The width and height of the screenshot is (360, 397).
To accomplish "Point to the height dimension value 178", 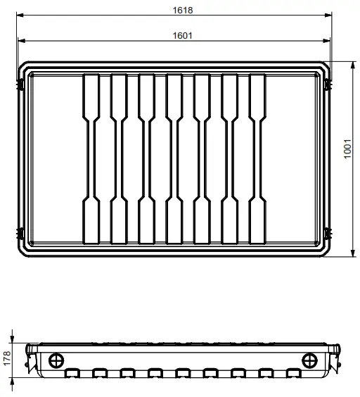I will tap(6, 358).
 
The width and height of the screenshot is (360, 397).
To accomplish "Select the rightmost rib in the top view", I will tap(259, 158).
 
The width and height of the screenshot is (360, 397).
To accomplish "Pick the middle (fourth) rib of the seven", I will tap(176, 158).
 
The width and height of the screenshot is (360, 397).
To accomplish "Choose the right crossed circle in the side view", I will tap(309, 360).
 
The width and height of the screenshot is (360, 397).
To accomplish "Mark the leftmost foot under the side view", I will tap(72, 372).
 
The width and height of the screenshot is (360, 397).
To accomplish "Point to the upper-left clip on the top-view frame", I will tap(22, 84).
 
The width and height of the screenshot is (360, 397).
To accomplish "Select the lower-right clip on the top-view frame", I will tap(327, 232).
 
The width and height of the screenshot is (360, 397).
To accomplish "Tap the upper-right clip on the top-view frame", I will tap(327, 84).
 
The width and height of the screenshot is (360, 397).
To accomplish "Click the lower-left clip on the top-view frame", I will tap(22, 232).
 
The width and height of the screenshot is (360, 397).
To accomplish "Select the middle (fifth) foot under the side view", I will tap(182, 372).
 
